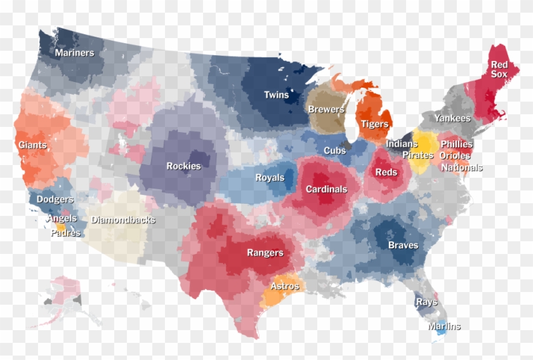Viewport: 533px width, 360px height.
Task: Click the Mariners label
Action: click(74, 53)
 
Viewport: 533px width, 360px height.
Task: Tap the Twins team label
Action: click(276, 95)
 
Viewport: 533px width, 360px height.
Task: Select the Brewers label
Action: click(326, 109)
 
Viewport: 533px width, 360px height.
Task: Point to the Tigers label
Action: click(374, 124)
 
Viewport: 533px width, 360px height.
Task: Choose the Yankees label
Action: click(452, 118)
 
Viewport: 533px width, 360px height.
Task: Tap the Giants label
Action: click(32, 145)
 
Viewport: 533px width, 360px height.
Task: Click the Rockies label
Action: click(183, 166)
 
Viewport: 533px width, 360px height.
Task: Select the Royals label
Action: click(270, 178)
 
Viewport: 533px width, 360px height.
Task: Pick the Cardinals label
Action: click(326, 189)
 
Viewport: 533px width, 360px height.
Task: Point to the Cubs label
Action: click(334, 151)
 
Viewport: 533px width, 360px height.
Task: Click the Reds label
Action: click(386, 172)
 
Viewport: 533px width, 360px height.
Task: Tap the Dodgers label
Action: click(55, 199)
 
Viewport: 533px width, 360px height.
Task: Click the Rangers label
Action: click(265, 253)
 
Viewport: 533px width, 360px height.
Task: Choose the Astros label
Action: click(284, 286)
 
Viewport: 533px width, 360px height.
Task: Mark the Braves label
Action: click(403, 245)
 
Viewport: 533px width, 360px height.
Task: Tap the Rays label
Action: click(426, 302)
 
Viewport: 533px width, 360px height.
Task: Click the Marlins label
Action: click(444, 326)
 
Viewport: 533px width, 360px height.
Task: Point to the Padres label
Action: click(66, 233)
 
